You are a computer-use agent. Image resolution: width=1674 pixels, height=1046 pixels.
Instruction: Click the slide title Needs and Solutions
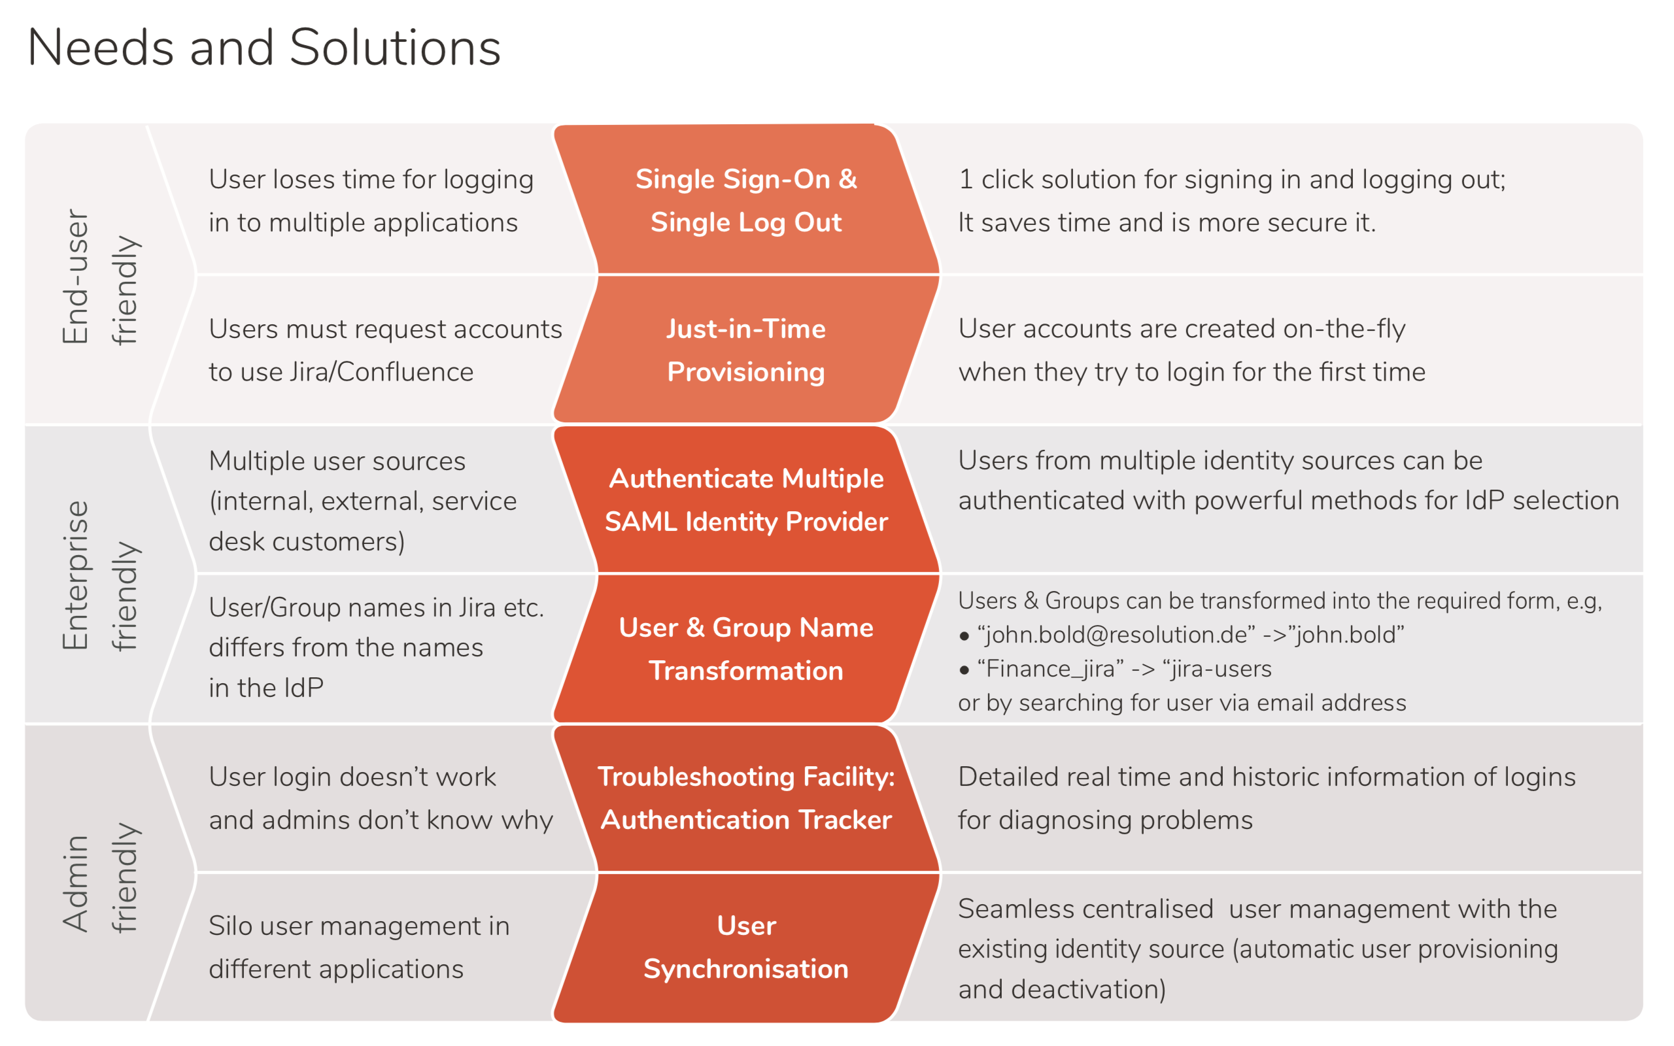[x=264, y=48]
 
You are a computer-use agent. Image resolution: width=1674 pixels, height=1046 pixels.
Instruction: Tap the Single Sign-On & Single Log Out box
[x=745, y=201]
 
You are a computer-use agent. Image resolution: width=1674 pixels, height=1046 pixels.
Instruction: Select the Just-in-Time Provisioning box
[x=745, y=350]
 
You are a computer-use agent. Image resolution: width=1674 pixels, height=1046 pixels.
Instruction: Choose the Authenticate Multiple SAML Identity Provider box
[x=745, y=499]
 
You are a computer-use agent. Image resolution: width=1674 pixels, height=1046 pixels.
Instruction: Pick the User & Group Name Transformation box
[x=745, y=649]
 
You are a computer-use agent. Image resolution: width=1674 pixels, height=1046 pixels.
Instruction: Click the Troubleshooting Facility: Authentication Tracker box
[x=745, y=798]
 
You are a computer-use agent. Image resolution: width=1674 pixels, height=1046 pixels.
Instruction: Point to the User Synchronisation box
[x=745, y=947]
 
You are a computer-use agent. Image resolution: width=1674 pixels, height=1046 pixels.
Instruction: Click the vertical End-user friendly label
[x=100, y=277]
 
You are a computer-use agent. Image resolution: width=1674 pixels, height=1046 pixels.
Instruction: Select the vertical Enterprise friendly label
[x=100, y=575]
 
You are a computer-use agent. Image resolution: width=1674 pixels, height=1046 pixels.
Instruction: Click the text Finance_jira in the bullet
[x=1050, y=669]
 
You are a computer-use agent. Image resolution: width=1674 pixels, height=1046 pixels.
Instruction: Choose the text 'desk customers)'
[x=307, y=542]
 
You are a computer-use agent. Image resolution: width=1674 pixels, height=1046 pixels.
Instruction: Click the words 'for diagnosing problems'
[x=1104, y=820]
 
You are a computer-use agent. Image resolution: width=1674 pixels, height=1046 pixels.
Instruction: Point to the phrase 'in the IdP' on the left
[x=265, y=688]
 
